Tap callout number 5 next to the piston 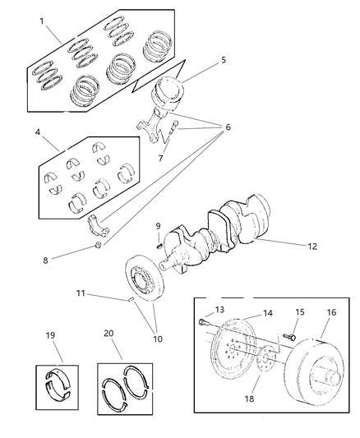(x=222, y=59)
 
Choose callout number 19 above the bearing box (x=49, y=336)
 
